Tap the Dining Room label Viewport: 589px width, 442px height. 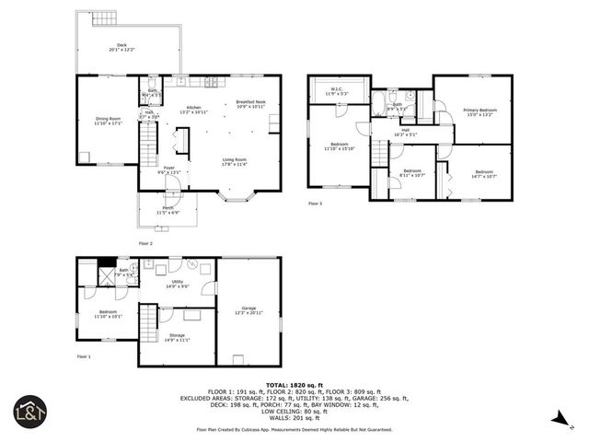[109, 120]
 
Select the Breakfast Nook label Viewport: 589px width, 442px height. [250, 104]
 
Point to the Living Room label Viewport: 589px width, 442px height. [234, 162]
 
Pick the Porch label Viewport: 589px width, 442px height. [168, 210]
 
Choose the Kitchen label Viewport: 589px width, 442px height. [194, 110]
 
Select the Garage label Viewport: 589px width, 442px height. [248, 310]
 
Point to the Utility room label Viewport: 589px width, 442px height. [178, 284]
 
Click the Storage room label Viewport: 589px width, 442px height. [178, 337]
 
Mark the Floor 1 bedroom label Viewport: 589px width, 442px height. [109, 314]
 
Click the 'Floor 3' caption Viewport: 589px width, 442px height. [316, 203]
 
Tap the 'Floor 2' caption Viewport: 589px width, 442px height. [144, 243]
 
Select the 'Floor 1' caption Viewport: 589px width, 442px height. [83, 355]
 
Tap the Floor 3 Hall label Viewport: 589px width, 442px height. [405, 132]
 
